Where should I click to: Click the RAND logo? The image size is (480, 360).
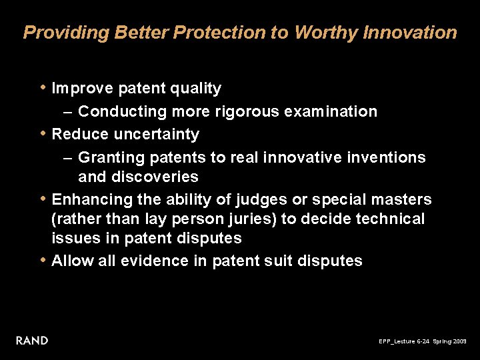[x=32, y=341]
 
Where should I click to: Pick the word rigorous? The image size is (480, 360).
[x=247, y=111]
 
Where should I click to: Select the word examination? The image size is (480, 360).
[x=331, y=111]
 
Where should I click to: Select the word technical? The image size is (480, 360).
[x=392, y=219]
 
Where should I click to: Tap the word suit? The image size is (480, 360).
[x=286, y=261]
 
